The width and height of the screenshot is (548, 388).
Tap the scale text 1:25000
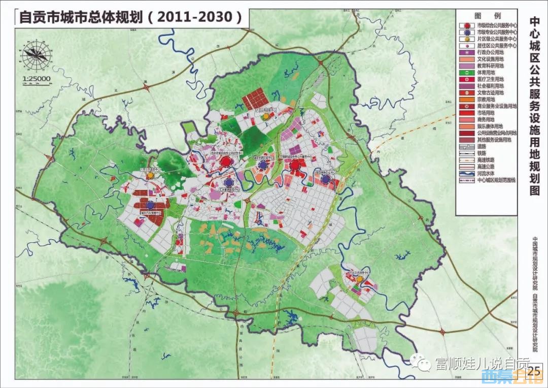point(37,78)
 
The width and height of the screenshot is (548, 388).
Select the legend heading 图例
point(487,15)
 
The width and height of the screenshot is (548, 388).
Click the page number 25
point(534,371)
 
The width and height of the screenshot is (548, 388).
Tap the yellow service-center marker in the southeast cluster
point(359,279)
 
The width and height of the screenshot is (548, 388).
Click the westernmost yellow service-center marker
point(150,175)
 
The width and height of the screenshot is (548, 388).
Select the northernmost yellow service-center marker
point(265,116)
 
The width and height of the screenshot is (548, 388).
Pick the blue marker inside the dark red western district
point(150,205)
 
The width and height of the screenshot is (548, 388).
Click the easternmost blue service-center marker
point(325,179)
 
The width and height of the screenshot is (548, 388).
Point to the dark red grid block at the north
point(254,98)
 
